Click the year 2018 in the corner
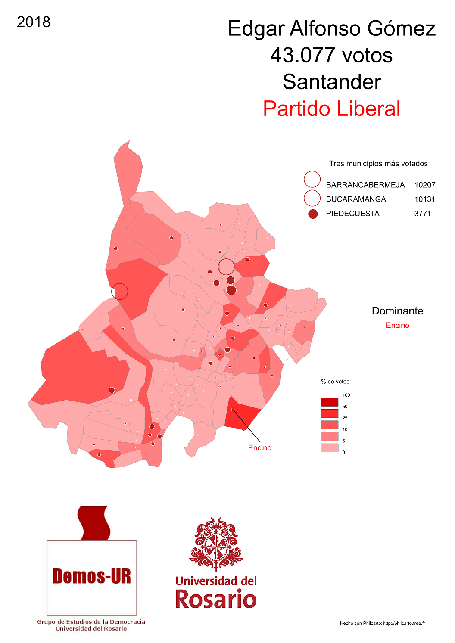(34, 22)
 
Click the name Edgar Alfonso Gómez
(331, 29)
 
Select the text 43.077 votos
(331, 56)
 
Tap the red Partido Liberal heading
(331, 109)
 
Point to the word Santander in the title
(331, 82)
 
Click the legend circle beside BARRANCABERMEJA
(312, 179)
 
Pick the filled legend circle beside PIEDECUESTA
(313, 214)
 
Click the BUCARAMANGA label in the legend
(356, 199)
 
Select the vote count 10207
(425, 185)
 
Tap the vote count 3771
(422, 214)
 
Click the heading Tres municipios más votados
(378, 164)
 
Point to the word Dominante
(397, 311)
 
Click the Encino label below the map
(260, 448)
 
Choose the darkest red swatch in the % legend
(329, 402)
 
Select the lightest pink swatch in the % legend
(329, 448)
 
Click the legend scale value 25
(345, 418)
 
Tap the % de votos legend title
(335, 382)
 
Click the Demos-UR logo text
(91, 576)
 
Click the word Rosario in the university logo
(216, 599)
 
